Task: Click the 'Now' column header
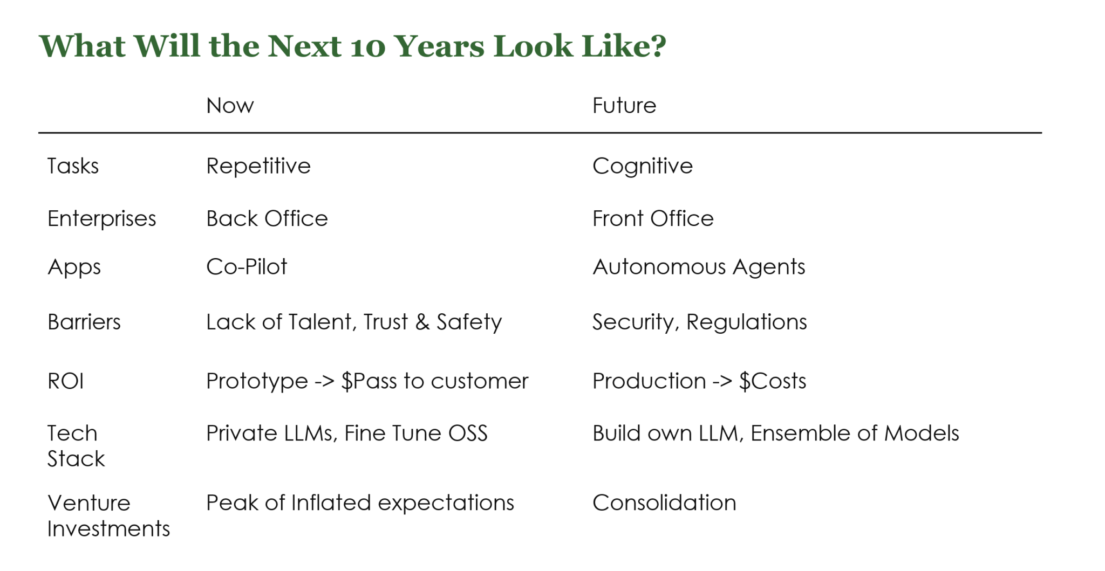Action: point(230,106)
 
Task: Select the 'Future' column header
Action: point(624,106)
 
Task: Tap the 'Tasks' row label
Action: point(73,166)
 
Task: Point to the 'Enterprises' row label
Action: point(101,219)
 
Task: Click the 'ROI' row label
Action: point(65,381)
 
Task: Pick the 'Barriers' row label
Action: point(84,322)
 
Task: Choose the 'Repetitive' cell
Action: point(258,166)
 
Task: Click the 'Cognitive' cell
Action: point(642,166)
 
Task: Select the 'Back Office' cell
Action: point(267,219)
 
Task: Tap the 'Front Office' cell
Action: point(653,219)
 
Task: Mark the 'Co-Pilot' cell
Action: point(247,267)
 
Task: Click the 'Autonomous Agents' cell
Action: point(699,267)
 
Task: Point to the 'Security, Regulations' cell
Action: point(699,322)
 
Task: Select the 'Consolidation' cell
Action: point(664,503)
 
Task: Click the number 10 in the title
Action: point(367,46)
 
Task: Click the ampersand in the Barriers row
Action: point(422,322)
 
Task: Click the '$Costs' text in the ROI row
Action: point(772,381)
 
